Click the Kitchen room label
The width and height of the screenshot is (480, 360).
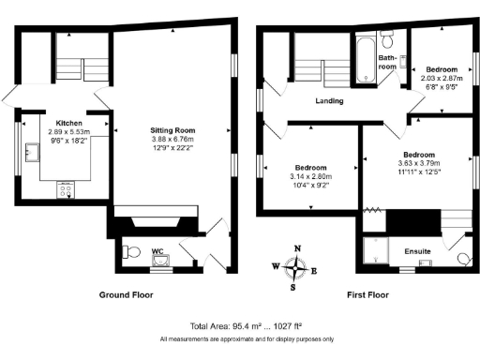pyautogui.click(x=68, y=124)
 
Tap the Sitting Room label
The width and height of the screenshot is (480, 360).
pyautogui.click(x=172, y=129)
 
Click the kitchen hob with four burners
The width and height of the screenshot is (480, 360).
pyautogui.click(x=67, y=191)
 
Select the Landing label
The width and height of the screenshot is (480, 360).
pyautogui.click(x=329, y=100)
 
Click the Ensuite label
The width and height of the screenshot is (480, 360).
pyautogui.click(x=417, y=250)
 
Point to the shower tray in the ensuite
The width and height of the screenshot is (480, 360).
pyautogui.click(x=377, y=250)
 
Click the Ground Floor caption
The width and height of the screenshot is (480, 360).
pyautogui.click(x=126, y=294)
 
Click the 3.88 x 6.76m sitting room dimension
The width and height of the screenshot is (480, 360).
pyautogui.click(x=172, y=139)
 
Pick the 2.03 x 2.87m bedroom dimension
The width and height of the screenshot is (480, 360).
pyautogui.click(x=442, y=78)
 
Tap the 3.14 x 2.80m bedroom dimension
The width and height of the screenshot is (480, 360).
pyautogui.click(x=309, y=175)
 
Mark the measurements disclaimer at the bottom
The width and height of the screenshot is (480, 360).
pyautogui.click(x=239, y=338)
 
